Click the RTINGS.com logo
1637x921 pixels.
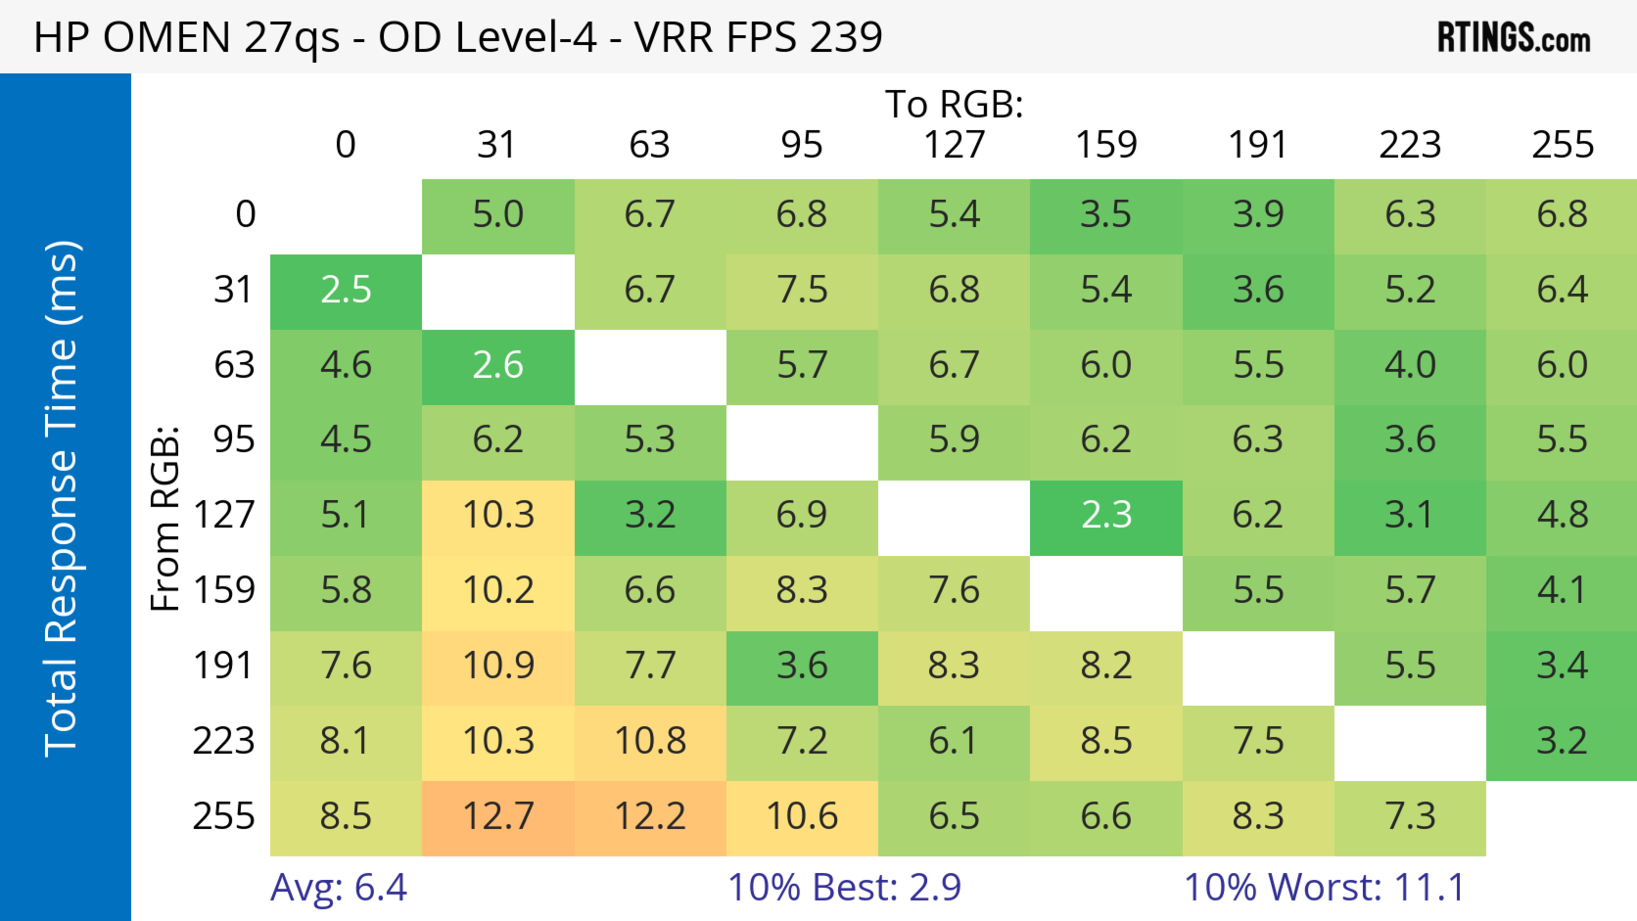point(1514,38)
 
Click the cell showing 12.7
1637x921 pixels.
point(497,817)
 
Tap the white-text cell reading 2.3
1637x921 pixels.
point(1106,516)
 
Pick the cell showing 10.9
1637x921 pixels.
point(497,666)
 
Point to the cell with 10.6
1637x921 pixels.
point(802,817)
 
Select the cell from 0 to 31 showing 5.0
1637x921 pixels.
point(497,215)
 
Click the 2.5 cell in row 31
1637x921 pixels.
point(346,290)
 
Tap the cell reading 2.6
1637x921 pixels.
point(497,366)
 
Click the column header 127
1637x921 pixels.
point(954,145)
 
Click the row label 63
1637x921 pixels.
point(234,366)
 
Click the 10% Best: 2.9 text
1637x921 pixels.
point(844,887)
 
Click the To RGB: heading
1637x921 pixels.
point(954,104)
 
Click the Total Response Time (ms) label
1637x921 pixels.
point(62,499)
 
